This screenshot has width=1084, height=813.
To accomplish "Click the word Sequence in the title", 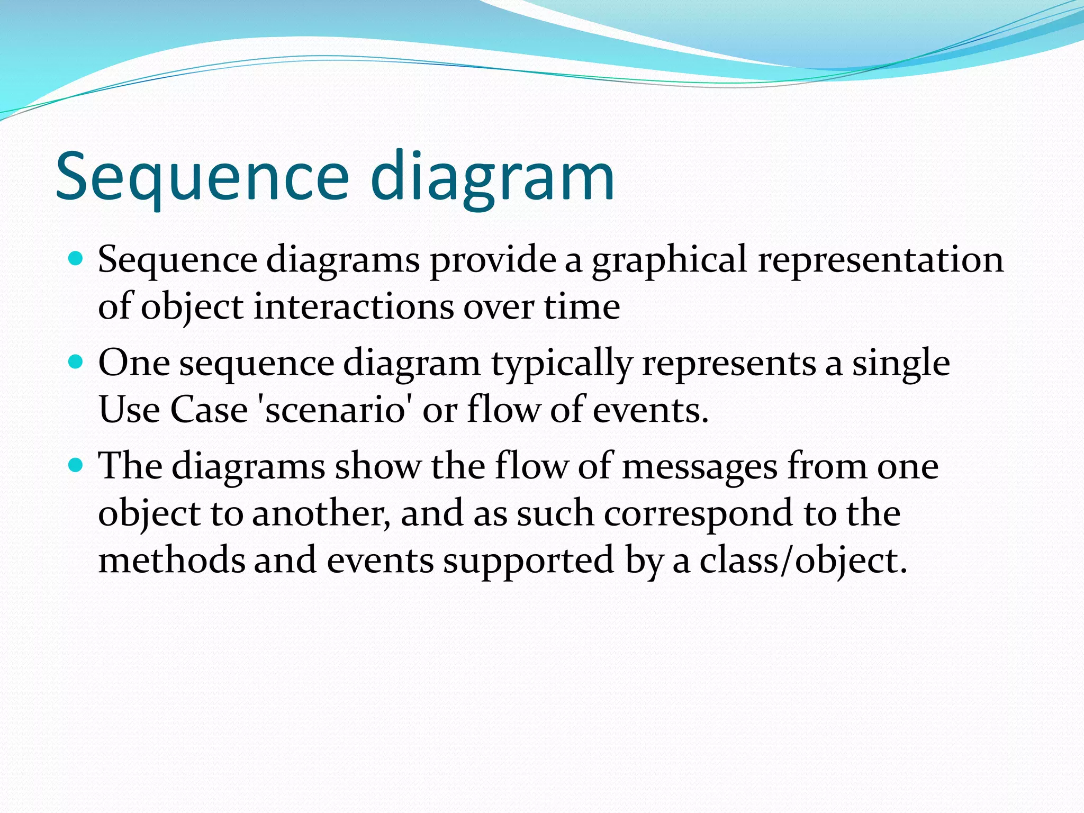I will (202, 176).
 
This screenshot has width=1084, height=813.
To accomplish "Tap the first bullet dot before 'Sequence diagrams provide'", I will (77, 259).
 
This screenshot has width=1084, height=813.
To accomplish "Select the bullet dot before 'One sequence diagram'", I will (77, 363).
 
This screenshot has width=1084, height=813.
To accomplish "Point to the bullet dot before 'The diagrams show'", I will (77, 466).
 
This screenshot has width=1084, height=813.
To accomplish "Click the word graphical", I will (670, 260).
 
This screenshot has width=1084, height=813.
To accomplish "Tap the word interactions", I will (353, 307).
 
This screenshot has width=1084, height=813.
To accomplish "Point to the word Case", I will (209, 410).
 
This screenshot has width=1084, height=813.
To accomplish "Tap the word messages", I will (699, 467).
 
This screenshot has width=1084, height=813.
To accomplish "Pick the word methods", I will (171, 560).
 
